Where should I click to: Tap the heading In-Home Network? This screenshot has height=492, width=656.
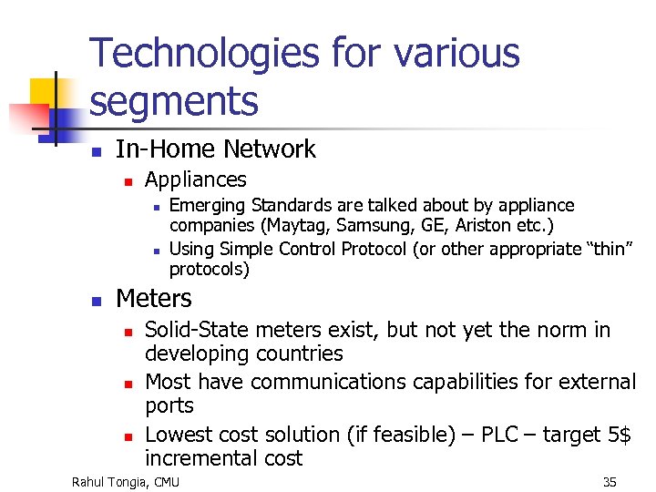click(x=215, y=149)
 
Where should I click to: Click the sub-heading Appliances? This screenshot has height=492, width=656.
click(x=195, y=179)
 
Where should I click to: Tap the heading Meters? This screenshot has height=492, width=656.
click(x=154, y=299)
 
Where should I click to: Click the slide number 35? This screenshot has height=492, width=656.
click(x=609, y=481)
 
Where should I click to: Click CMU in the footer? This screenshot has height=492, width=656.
click(x=166, y=481)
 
